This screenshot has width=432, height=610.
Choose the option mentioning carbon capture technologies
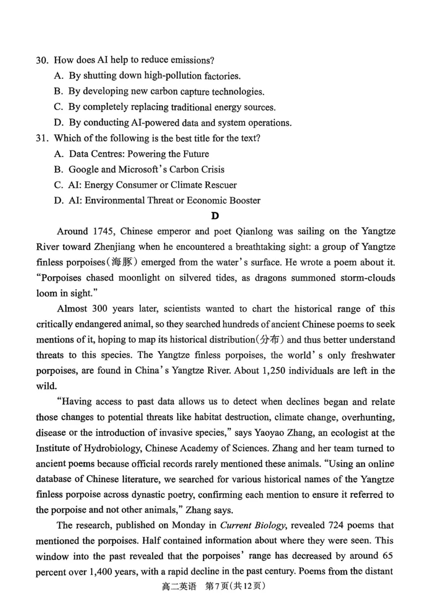(x=159, y=91)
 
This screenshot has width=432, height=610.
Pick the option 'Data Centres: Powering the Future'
(x=132, y=154)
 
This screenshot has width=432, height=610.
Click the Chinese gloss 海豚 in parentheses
(x=126, y=263)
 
